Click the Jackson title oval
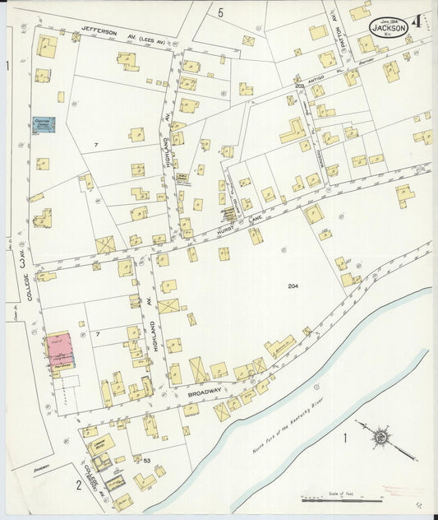pos(389,27)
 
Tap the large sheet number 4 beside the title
pos(419,24)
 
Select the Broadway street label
pos(205,393)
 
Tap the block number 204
pos(293,286)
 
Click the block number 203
pos(300,86)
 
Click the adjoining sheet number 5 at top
pos(220,11)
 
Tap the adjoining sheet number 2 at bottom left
pos(78,484)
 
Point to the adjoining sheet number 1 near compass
pos(345,438)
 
